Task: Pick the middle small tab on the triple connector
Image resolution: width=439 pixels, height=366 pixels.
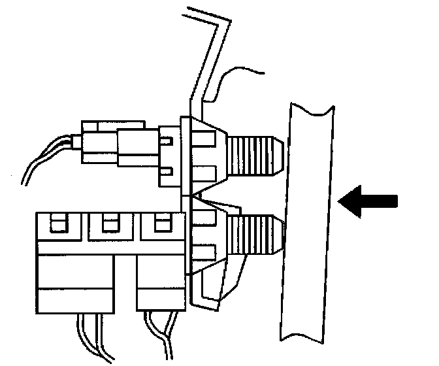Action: [x=108, y=224]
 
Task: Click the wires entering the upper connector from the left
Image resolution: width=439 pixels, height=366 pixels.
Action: [x=49, y=157]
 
